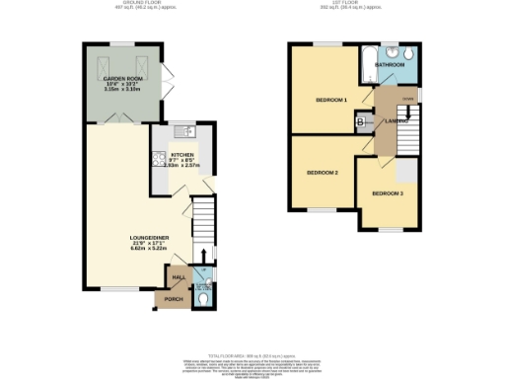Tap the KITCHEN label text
[180, 154]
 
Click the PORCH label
[174, 299]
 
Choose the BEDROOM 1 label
[331, 100]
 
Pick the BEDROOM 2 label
[322, 173]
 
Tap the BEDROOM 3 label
[388, 193]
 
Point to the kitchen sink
[186, 132]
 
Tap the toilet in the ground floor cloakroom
[203, 295]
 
